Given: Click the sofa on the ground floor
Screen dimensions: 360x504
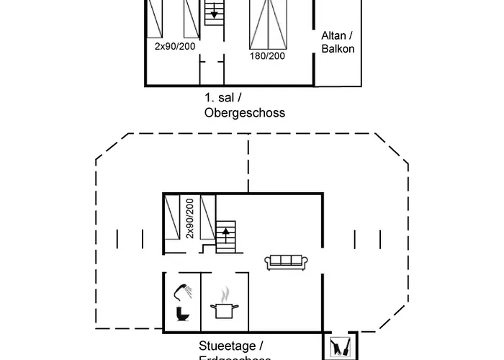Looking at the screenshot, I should click(x=287, y=262).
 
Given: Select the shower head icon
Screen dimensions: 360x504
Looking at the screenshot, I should click(x=181, y=291).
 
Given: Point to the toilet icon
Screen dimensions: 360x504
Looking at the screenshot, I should click(x=181, y=314).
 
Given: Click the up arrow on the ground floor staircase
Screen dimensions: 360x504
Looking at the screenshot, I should click(x=227, y=233).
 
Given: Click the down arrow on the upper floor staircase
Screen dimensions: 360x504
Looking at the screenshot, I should click(x=214, y=14).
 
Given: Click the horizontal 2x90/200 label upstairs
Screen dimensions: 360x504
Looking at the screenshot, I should click(x=174, y=46).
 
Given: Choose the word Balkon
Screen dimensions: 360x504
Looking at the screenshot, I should click(x=338, y=50).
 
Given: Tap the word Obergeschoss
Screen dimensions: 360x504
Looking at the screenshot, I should click(x=245, y=113).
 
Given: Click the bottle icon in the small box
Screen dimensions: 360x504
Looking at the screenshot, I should click(x=338, y=346).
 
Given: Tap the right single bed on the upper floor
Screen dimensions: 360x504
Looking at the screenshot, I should click(x=191, y=19).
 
